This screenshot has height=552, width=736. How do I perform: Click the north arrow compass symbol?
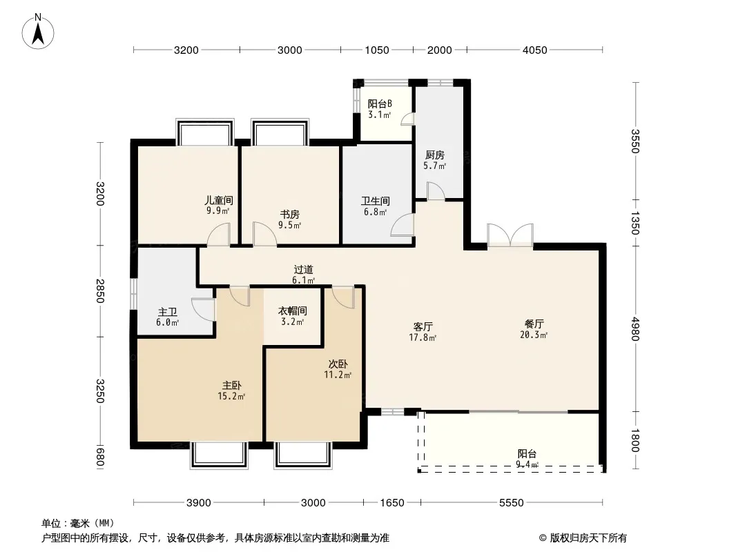38,32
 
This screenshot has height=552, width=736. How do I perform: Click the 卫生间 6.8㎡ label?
376,206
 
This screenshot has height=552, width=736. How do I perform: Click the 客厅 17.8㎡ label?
423,332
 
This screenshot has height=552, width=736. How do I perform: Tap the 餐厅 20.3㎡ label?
534,329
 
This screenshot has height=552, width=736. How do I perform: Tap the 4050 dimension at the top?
534,50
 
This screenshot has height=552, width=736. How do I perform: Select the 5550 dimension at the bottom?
511,503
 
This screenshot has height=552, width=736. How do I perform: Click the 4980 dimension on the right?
635,329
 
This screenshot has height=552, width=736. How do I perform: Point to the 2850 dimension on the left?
100,290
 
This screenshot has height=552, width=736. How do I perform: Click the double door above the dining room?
510,235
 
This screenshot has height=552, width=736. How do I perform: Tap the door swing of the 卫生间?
403,225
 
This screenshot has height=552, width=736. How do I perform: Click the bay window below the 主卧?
219,455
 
